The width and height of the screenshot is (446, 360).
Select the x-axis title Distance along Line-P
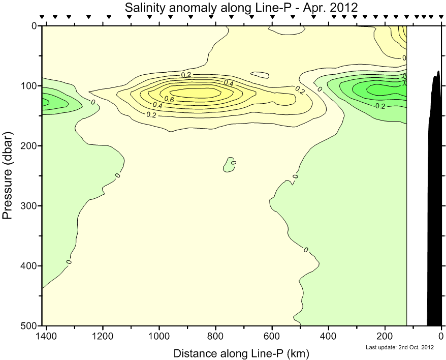click(x=241, y=353)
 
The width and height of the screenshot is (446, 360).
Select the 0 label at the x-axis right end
click(x=441, y=336)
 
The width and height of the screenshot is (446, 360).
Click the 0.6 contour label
click(x=169, y=99)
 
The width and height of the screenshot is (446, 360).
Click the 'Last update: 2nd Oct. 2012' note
click(x=399, y=348)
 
